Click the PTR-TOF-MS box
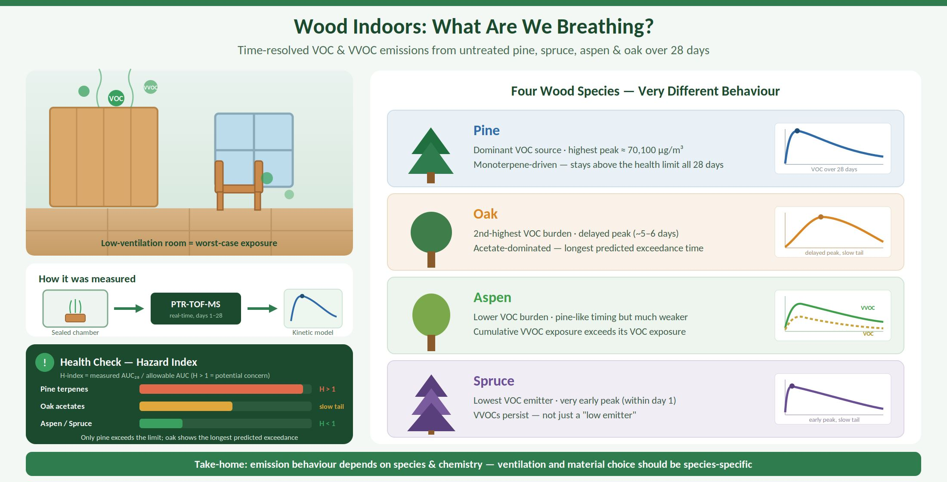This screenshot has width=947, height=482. tap(196, 309)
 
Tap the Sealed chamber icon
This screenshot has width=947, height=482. tap(75, 309)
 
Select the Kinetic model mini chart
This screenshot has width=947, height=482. tap(313, 309)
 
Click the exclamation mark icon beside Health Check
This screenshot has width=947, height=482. tap(45, 362)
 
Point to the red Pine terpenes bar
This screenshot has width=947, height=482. tap(221, 389)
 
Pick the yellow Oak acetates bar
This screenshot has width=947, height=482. tap(186, 406)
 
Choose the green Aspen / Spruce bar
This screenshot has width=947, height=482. tap(161, 423)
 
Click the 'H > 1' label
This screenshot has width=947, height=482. tap(327, 389)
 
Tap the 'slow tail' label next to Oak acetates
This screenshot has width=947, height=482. tap(331, 406)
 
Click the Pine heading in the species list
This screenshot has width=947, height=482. tap(486, 130)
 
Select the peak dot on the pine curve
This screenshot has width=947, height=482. tap(797, 131)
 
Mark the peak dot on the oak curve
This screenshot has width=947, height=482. tap(821, 217)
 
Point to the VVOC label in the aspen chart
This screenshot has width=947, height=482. tap(868, 308)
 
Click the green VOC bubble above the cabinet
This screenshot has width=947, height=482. tap(116, 99)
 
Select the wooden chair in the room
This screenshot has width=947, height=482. tap(239, 185)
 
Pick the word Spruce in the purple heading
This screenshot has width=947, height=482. tap(494, 381)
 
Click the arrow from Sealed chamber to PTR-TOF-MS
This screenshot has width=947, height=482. tap(129, 309)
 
